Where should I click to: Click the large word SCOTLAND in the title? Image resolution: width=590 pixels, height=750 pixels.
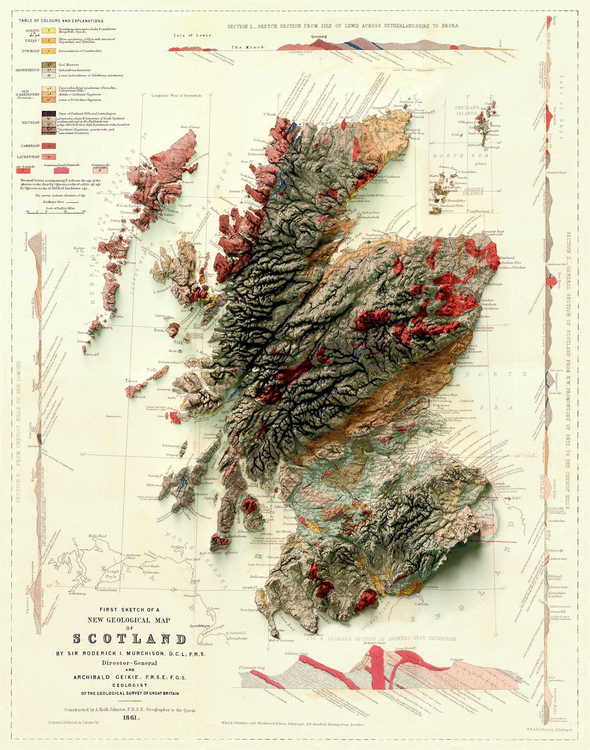click(x=129, y=639)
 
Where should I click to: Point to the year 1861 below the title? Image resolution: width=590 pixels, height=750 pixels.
click(x=130, y=717)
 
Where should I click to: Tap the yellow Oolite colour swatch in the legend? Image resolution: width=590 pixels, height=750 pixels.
click(x=49, y=31)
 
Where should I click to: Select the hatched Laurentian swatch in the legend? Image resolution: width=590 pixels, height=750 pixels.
click(x=49, y=156)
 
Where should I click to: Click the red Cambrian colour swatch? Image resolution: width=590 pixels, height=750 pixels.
click(x=49, y=146)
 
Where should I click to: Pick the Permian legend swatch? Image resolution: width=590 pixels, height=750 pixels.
click(x=49, y=51)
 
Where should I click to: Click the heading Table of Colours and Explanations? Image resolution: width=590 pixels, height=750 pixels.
click(x=61, y=21)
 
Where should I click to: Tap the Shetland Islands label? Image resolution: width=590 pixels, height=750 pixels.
click(x=467, y=111)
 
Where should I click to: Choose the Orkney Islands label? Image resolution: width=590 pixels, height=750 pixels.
click(x=474, y=191)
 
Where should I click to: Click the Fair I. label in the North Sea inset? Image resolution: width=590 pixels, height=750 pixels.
click(x=482, y=164)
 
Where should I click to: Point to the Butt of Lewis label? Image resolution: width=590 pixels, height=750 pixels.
click(x=190, y=127)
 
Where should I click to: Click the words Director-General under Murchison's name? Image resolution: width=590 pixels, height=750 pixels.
click(x=129, y=663)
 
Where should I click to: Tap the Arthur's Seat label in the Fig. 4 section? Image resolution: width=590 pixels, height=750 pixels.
click(x=374, y=643)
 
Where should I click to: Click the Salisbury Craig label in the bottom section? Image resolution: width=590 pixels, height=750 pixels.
click(x=296, y=654)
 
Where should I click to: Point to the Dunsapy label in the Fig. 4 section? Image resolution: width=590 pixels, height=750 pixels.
click(x=456, y=659)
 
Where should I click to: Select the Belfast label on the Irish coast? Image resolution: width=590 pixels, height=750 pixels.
click(x=207, y=644)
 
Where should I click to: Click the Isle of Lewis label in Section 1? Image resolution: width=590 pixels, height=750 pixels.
click(x=192, y=35)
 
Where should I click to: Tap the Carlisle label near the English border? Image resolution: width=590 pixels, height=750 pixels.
click(x=421, y=604)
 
